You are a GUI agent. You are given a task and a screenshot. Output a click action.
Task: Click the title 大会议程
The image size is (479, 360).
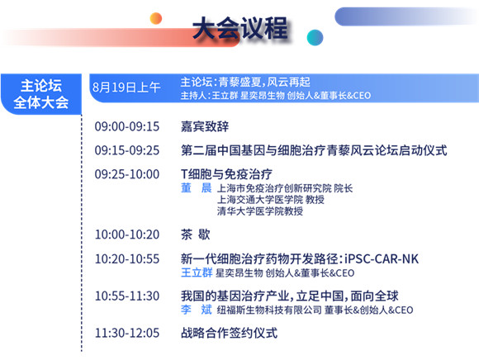[x=240, y=28]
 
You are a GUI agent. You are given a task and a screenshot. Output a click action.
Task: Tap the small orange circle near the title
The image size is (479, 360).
[x=156, y=18]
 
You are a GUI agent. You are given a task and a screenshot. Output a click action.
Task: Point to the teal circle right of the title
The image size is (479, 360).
[x=315, y=37]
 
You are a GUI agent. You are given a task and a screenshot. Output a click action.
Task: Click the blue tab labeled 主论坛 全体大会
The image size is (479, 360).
[x=41, y=94]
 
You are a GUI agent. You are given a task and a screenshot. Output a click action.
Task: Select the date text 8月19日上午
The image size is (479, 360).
[x=126, y=88]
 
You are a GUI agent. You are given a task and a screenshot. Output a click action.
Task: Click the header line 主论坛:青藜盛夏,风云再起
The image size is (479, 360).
[x=245, y=82]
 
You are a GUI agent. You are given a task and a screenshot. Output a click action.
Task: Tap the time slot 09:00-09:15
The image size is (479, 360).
[x=127, y=126]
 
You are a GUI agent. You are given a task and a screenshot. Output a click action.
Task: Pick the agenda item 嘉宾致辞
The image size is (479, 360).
[x=205, y=126]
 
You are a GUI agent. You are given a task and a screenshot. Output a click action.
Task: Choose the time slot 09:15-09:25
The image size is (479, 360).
[x=127, y=150]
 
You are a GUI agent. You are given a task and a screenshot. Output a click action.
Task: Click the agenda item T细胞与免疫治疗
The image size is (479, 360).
[x=226, y=174]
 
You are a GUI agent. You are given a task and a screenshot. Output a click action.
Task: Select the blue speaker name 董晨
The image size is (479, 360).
[x=196, y=187]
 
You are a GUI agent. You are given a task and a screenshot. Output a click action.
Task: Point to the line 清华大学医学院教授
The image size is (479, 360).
[x=260, y=211]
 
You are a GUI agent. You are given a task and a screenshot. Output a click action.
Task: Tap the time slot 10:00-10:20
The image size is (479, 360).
[x=127, y=234]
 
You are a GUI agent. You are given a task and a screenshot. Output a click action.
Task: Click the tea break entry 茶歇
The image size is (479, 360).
[x=196, y=234]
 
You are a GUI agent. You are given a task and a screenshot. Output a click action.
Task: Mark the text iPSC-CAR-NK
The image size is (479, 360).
[x=382, y=259]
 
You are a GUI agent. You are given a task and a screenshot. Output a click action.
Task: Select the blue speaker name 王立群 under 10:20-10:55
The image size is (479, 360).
[x=197, y=272]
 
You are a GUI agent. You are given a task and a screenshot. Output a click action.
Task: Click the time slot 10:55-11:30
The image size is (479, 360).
[x=127, y=296]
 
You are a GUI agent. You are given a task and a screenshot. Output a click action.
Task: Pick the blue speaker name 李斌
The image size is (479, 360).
[x=196, y=310]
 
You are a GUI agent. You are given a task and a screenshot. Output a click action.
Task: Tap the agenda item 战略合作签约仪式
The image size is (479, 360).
[x=229, y=333]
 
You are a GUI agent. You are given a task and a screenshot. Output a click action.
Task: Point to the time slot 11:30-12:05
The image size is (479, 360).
[x=127, y=333]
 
